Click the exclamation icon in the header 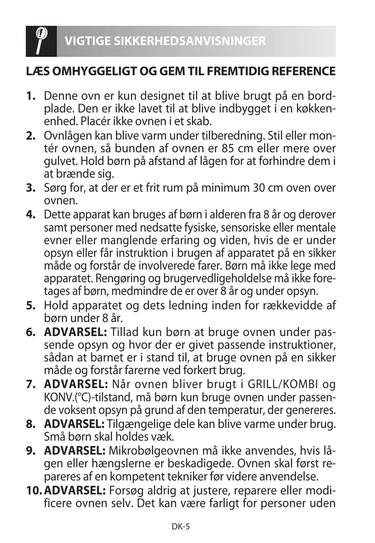coord(41,41)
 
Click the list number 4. coord(31,215)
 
